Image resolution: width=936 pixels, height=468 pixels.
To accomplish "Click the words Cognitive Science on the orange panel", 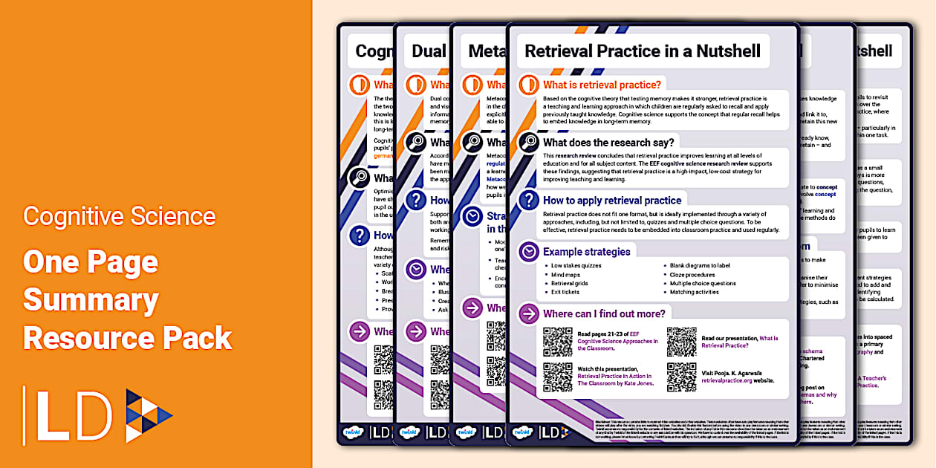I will (120, 216).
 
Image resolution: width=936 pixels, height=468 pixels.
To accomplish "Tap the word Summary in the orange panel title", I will (91, 299).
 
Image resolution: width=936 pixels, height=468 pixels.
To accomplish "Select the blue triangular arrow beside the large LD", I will (148, 416).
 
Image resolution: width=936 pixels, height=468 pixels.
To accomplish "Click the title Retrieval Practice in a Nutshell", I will (643, 51).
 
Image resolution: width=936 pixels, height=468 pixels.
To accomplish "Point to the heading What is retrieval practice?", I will (602, 85).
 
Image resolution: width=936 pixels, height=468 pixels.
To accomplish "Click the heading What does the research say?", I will (608, 142).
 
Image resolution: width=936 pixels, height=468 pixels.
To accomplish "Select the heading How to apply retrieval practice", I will (612, 200).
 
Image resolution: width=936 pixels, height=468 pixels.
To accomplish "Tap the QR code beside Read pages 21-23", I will (557, 341).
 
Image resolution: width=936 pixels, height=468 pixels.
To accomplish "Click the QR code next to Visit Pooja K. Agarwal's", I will (681, 377).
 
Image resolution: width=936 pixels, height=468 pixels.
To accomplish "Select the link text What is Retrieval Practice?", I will (740, 342).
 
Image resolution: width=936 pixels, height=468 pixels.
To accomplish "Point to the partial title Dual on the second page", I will (429, 51).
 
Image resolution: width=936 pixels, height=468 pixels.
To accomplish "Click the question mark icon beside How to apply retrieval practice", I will (529, 200).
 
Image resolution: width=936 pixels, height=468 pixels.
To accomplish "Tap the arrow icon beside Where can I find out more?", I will (529, 313).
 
